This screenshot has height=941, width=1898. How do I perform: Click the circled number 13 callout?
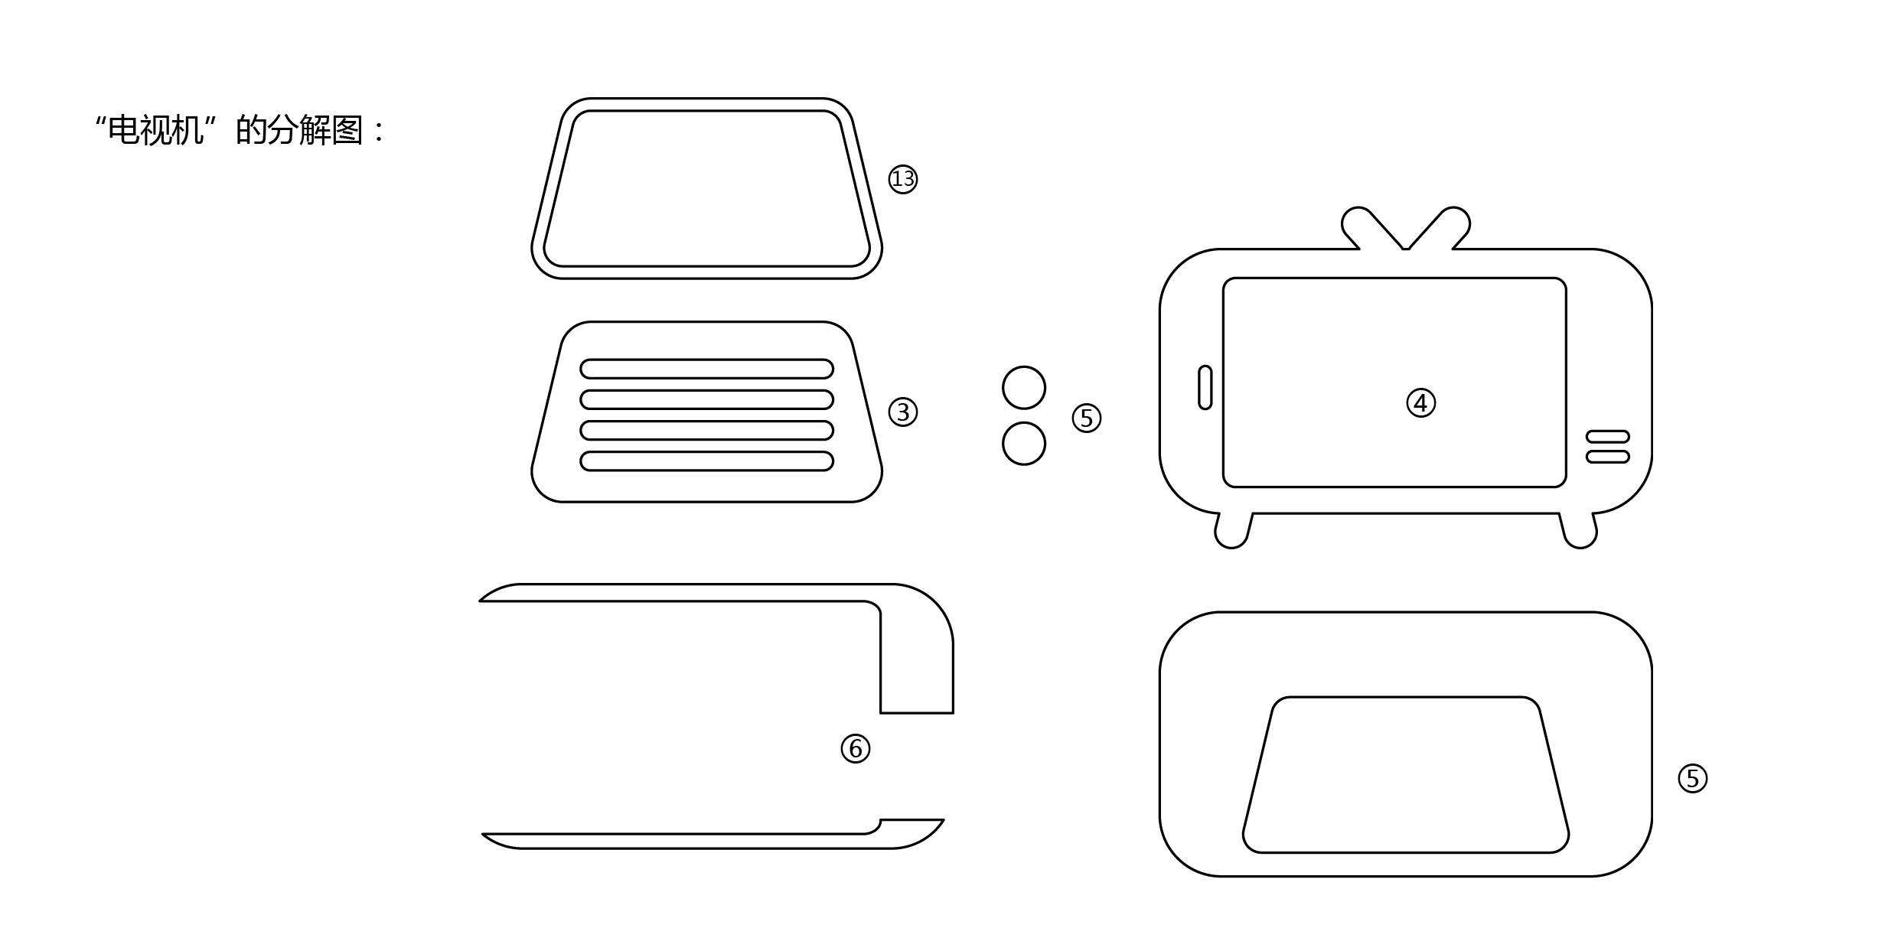point(903,179)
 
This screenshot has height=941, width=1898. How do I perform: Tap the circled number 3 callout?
point(903,412)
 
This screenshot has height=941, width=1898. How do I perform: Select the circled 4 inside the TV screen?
point(1421,402)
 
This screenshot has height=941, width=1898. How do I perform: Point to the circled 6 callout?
point(856,748)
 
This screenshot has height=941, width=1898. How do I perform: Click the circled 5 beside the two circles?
point(1087,418)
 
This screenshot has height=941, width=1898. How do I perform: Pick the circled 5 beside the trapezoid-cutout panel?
point(1693,778)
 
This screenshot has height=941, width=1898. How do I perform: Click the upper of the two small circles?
point(1024,388)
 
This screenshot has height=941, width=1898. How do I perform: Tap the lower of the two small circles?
point(1024,443)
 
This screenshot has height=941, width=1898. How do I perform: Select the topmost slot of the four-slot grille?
point(707,369)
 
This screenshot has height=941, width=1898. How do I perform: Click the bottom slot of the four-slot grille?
point(707,461)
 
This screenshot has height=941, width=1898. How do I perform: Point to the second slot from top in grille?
point(707,399)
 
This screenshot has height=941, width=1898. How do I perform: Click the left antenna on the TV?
point(1370,227)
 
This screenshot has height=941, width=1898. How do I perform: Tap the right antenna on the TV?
point(1440,227)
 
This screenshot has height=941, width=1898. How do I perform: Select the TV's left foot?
point(1233,531)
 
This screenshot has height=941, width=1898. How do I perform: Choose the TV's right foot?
point(1579,531)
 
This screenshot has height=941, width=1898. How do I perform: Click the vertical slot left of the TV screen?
point(1205,387)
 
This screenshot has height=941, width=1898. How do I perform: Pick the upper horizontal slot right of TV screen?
point(1608,436)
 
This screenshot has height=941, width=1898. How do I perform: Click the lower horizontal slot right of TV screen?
point(1608,457)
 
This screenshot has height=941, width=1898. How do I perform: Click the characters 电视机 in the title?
point(155,130)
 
